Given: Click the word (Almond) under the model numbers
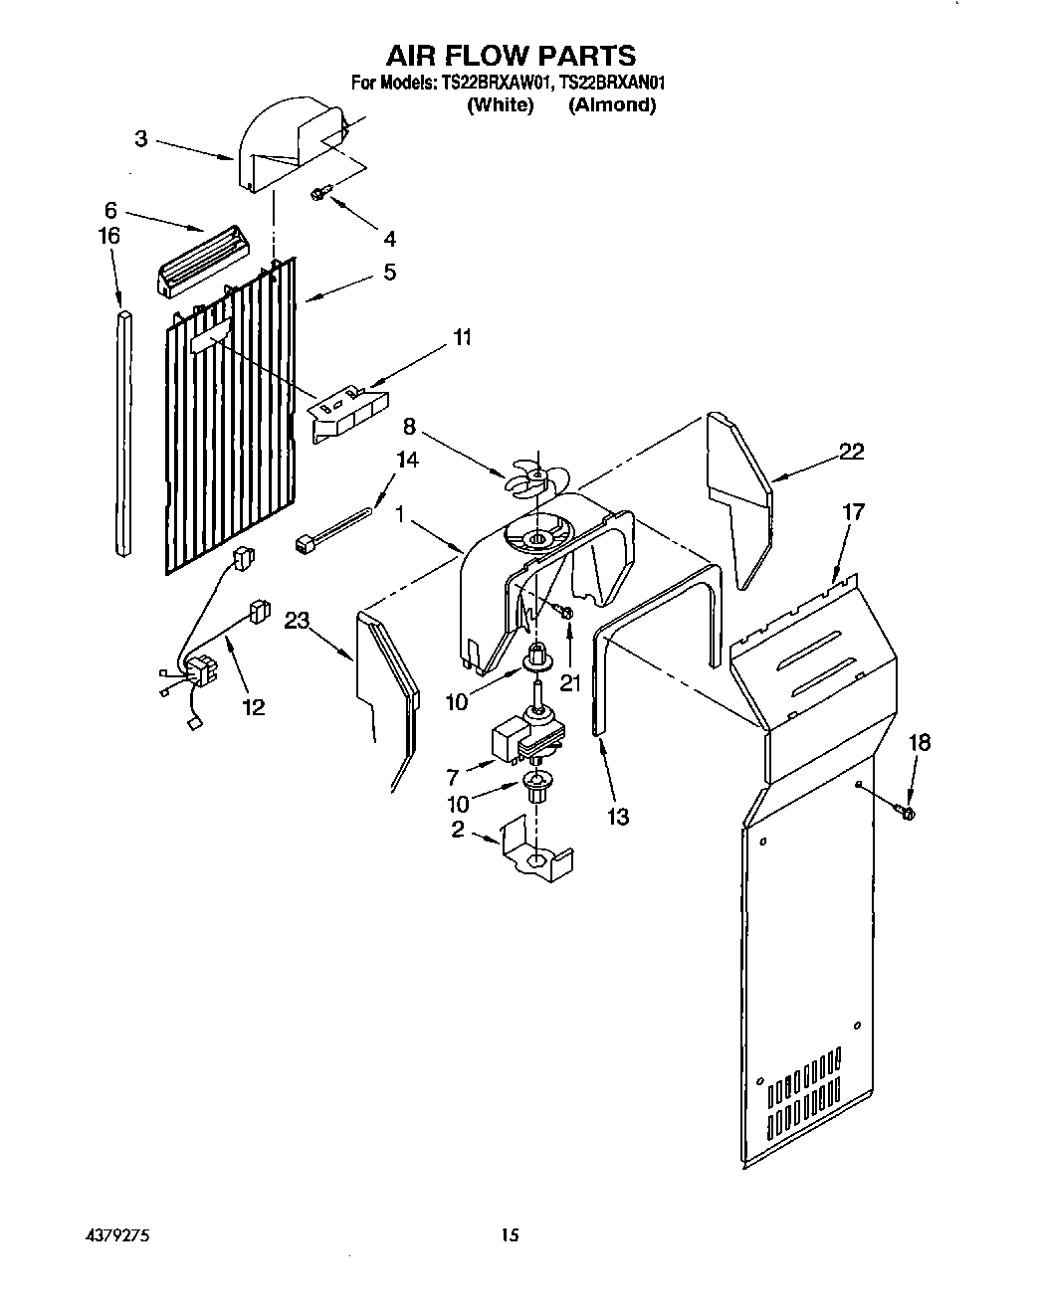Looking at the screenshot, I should [611, 105].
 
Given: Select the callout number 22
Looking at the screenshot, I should [850, 451].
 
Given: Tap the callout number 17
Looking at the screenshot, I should [853, 512].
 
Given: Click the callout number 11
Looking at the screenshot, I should [461, 337].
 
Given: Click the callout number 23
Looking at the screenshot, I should [297, 620].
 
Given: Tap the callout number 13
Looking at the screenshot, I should [617, 816].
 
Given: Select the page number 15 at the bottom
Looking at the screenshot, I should [510, 1235].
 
